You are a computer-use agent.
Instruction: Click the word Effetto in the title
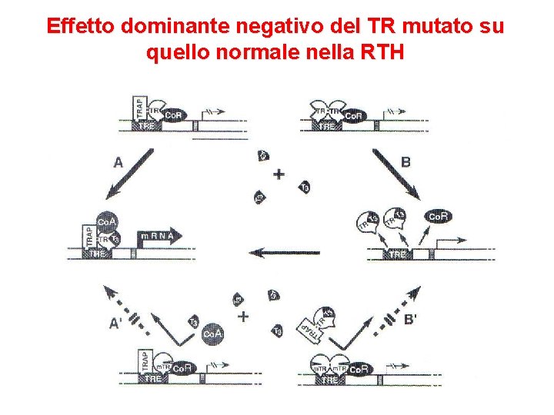point(75,26)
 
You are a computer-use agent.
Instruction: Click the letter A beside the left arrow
point(118,162)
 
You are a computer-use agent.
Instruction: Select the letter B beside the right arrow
point(406,162)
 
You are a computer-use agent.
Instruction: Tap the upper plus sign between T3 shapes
point(279,174)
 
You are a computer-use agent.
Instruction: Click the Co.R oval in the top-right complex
point(353,115)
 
